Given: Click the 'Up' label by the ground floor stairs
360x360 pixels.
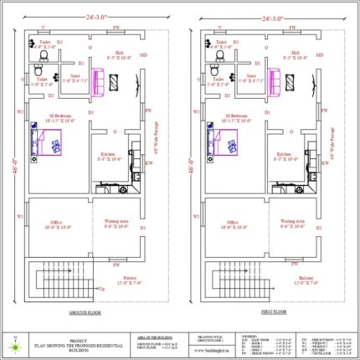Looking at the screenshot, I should [102, 288].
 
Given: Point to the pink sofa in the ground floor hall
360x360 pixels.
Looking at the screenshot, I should [99, 83].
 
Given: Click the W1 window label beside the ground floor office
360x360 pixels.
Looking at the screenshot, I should [19, 217].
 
